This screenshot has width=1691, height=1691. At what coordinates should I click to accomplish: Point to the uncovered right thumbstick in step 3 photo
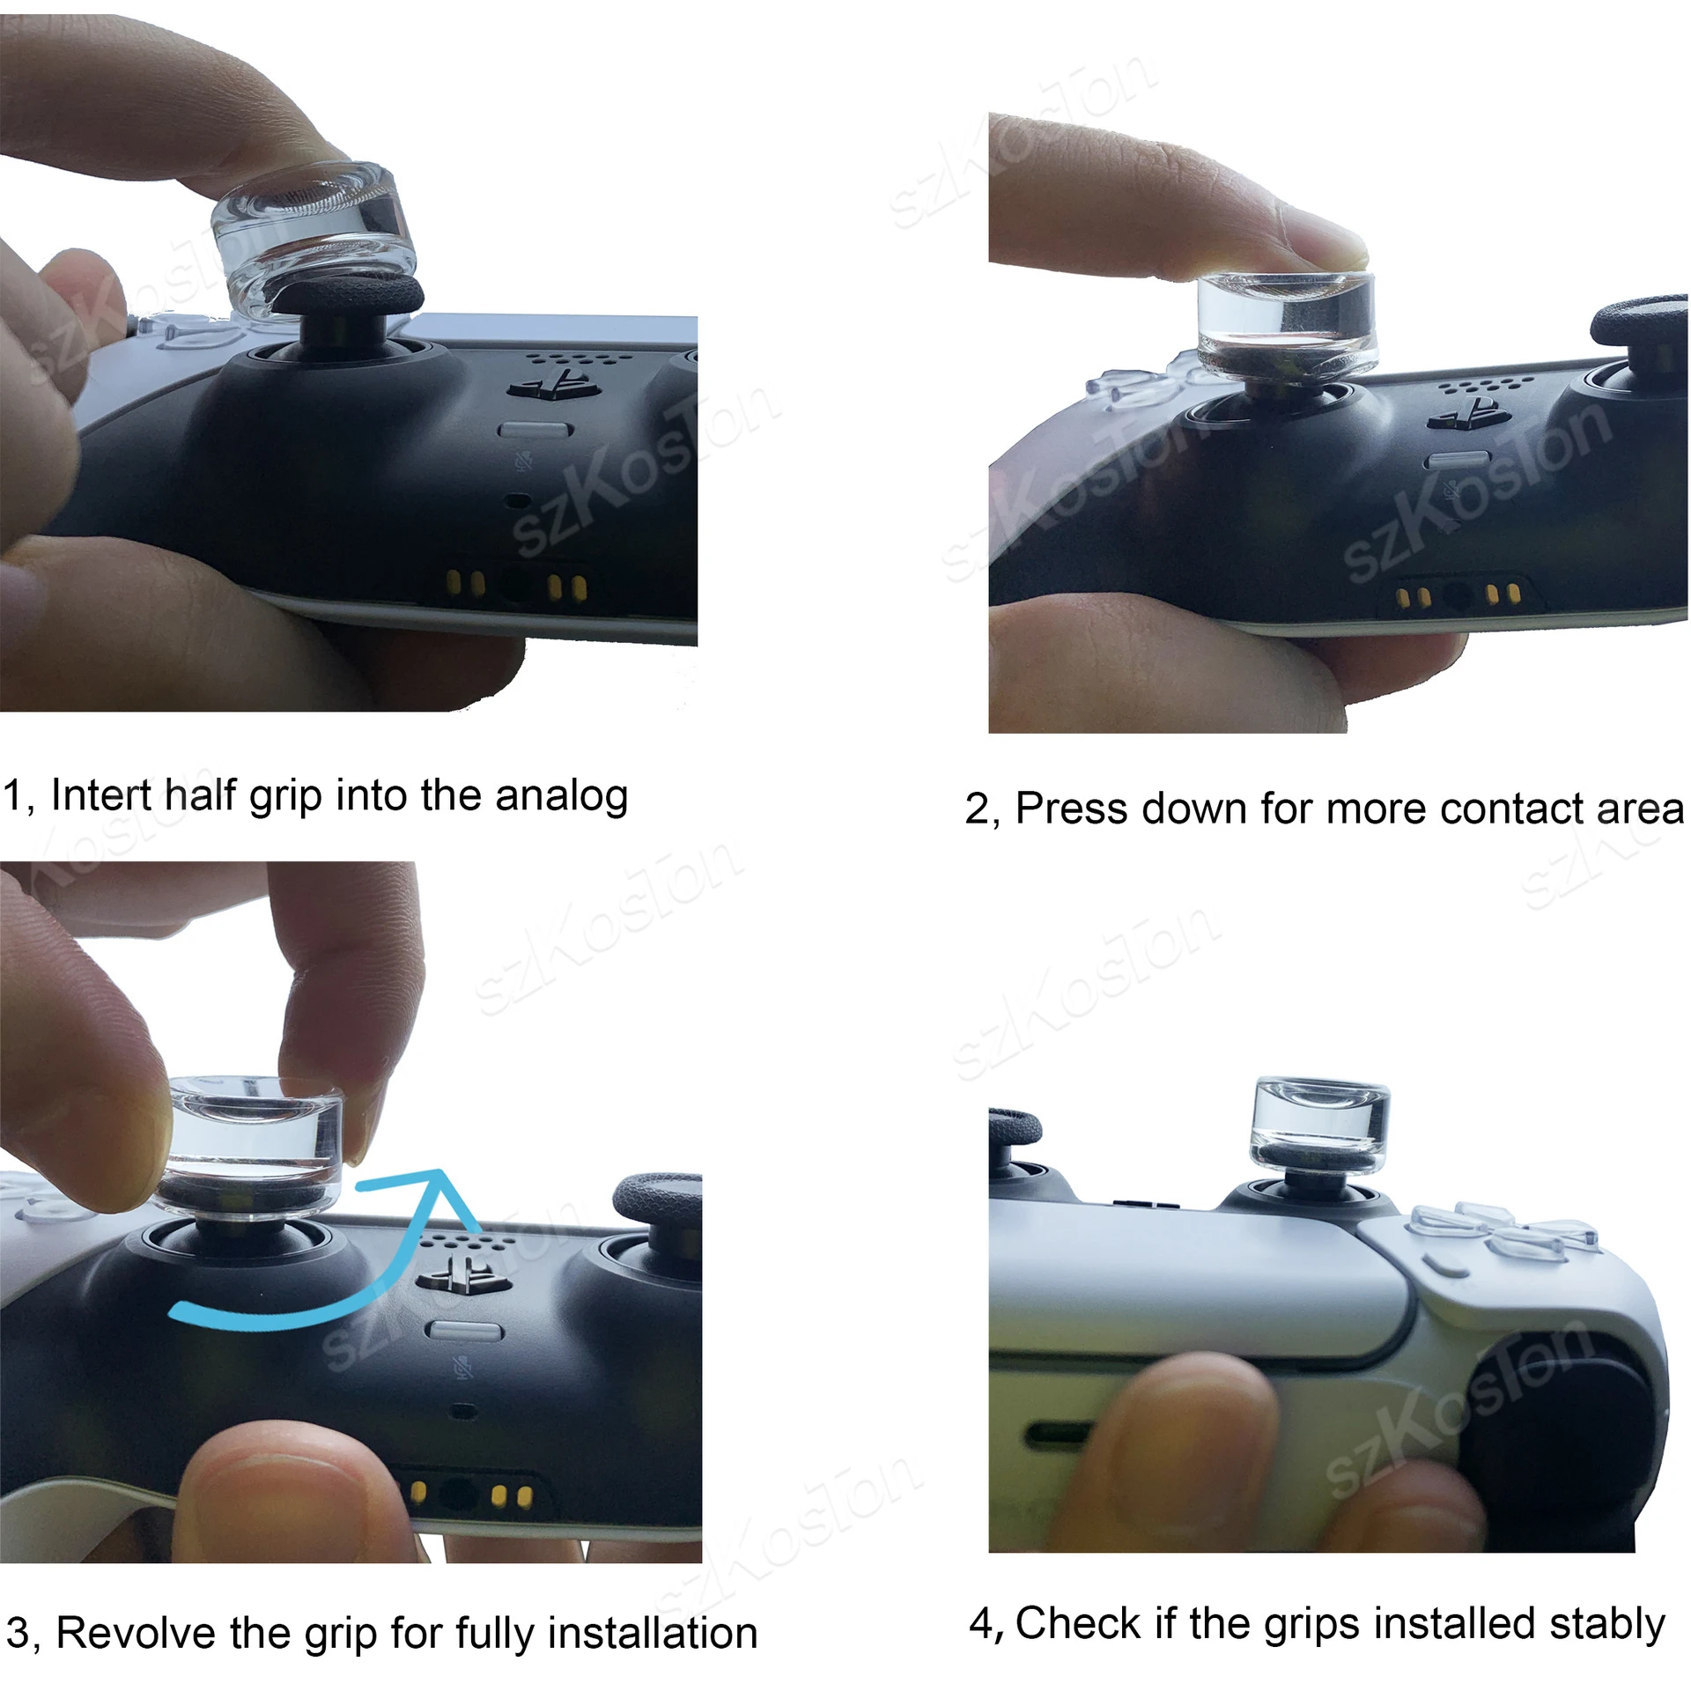click(x=656, y=1200)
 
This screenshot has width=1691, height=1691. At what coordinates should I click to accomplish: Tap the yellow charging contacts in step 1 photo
click(x=515, y=584)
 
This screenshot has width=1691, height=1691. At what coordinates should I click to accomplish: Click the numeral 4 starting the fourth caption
click(x=980, y=1623)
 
